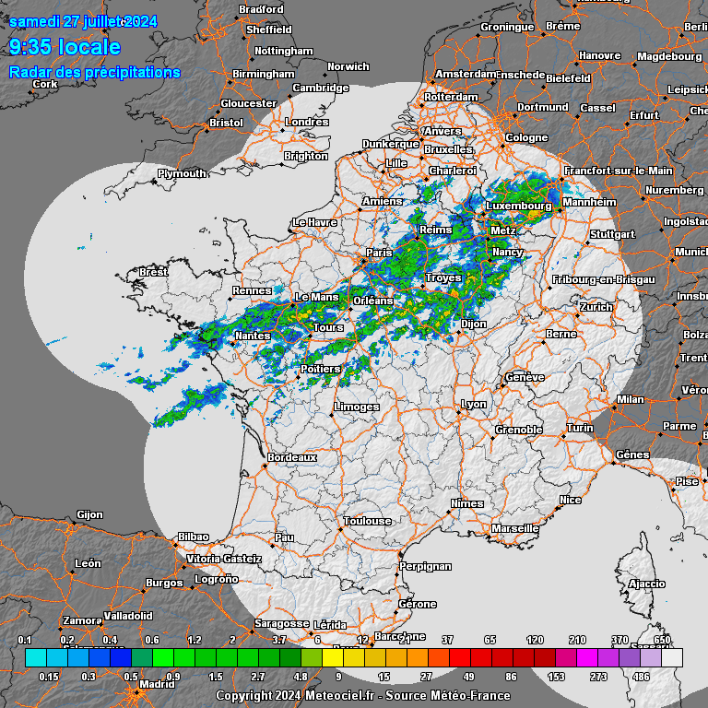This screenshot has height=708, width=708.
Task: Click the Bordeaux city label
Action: pyautogui.click(x=291, y=457)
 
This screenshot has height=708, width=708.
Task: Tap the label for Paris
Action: pyautogui.click(x=379, y=253)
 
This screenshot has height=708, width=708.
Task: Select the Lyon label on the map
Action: pyautogui.click(x=474, y=405)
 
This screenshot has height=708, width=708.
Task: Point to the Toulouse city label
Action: pyautogui.click(x=367, y=521)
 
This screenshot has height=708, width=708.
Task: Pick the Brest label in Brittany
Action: pyautogui.click(x=153, y=272)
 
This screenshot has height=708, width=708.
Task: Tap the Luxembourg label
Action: pyautogui.click(x=518, y=206)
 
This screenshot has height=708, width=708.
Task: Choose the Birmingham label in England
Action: pyautogui.click(x=264, y=74)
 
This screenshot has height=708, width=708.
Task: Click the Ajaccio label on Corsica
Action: pyautogui.click(x=646, y=584)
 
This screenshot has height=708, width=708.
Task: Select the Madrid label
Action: pyautogui.click(x=157, y=685)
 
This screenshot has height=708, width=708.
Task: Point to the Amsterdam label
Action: pyautogui.click(x=466, y=74)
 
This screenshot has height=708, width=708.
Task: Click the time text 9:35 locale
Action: pyautogui.click(x=65, y=47)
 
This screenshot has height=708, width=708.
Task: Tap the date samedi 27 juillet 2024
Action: pyautogui.click(x=83, y=22)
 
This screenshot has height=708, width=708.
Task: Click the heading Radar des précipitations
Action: pyautogui.click(x=94, y=72)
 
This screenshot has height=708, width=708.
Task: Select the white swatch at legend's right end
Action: pyautogui.click(x=672, y=657)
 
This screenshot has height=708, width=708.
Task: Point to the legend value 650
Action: pyautogui.click(x=662, y=640)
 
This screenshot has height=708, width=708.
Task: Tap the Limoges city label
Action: pyautogui.click(x=357, y=407)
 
